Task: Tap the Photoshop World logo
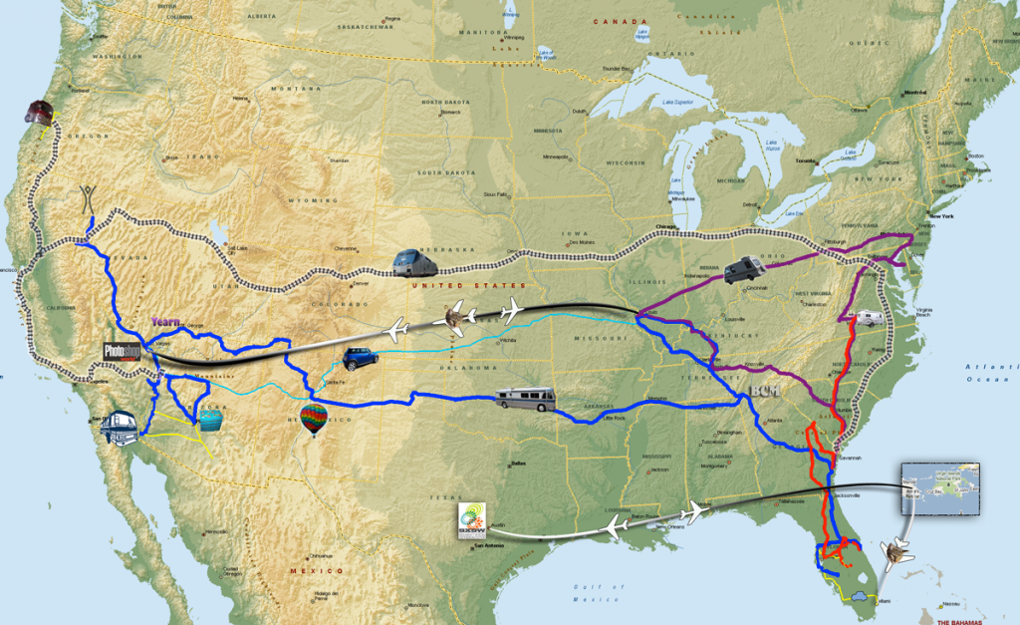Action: click(123, 351)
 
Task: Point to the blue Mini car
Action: click(358, 359)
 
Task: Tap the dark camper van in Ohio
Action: click(744, 268)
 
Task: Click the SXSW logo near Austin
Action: click(471, 520)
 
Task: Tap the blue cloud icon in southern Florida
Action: click(858, 601)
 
